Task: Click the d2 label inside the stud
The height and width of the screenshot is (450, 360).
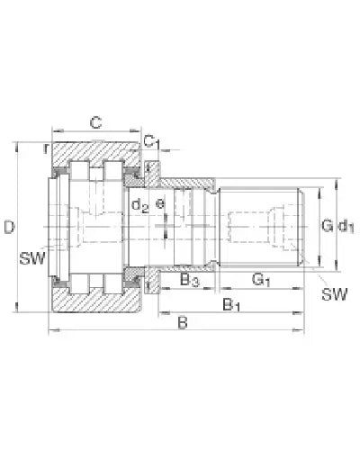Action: tap(140, 205)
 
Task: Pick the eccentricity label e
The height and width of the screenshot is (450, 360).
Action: tap(161, 204)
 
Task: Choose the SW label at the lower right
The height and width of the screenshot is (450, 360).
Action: tap(335, 293)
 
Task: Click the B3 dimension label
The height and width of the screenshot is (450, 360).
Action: tap(190, 281)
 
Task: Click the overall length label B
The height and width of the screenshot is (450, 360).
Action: tap(183, 321)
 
